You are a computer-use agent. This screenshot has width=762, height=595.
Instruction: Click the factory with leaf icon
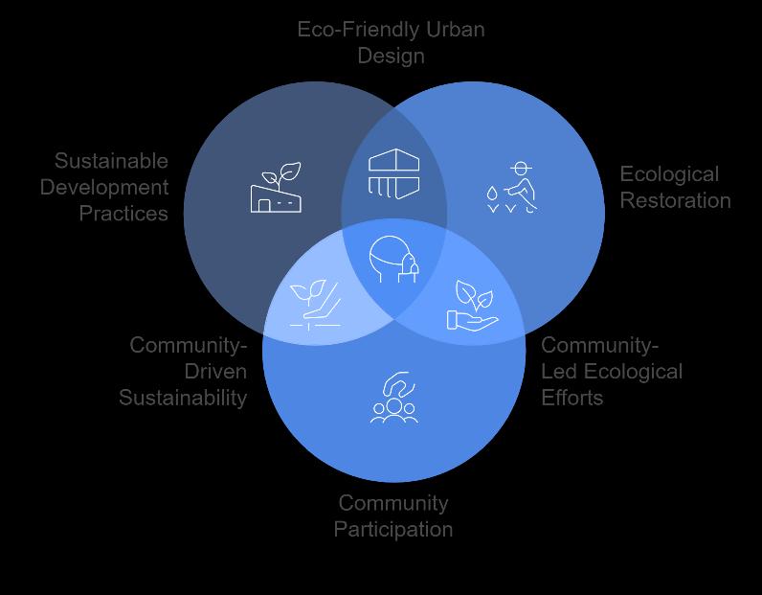pos(275,188)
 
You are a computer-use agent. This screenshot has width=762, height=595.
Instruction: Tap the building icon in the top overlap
pos(394,173)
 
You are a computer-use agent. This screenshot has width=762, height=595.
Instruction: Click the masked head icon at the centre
pos(394,260)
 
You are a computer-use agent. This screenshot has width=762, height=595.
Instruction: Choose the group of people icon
pos(394,399)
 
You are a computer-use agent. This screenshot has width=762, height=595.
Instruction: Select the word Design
pos(391,56)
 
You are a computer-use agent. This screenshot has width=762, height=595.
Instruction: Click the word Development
pos(103,187)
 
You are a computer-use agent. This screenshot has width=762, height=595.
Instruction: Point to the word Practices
pos(123,213)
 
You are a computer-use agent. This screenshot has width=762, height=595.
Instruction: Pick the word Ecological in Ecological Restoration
pos(669,174)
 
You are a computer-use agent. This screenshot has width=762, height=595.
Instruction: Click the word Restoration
pos(675,200)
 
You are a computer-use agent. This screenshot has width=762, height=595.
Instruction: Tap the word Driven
pos(214,371)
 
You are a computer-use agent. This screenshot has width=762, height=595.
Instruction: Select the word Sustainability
pos(183,397)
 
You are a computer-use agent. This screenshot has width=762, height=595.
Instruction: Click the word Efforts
pos(572,397)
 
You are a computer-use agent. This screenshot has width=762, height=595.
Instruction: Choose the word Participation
pos(393,529)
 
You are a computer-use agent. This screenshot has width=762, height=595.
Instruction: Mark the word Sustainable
pos(111,161)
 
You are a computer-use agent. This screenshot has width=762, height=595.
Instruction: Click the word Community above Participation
pos(393,503)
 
